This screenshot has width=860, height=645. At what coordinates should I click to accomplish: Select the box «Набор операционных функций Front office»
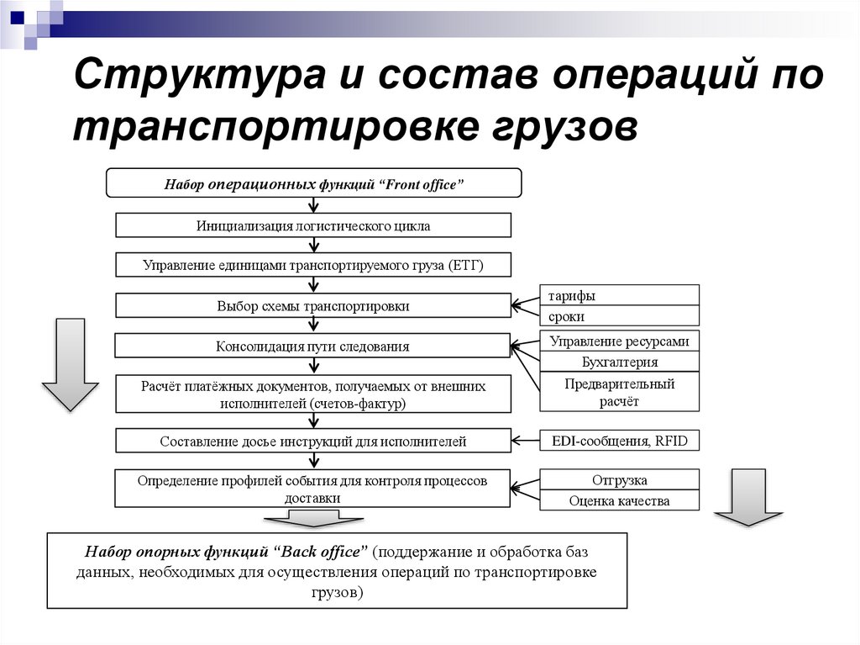(313, 183)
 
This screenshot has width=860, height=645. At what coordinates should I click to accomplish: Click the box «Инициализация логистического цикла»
(312, 225)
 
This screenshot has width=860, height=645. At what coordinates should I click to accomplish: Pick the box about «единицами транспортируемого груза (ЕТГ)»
(312, 266)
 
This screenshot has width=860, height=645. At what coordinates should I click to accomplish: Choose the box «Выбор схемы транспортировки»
(312, 306)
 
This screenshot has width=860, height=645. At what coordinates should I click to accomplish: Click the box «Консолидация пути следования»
(312, 346)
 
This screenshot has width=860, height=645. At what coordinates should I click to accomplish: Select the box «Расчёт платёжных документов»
(312, 394)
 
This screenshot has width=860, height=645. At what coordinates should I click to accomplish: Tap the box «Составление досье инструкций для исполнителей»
(312, 441)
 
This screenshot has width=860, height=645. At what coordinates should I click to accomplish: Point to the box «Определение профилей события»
(312, 489)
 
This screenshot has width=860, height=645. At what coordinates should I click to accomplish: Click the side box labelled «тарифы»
(619, 295)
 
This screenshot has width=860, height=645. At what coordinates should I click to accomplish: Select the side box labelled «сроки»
(619, 316)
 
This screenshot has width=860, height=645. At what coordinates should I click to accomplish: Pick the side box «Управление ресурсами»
(619, 341)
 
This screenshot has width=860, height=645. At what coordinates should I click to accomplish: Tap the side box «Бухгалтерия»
(619, 362)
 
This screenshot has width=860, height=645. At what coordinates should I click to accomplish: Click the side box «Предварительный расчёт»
(619, 392)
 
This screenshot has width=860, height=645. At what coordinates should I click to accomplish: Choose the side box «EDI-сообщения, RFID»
(619, 440)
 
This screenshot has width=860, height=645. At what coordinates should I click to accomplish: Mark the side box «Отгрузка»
(619, 479)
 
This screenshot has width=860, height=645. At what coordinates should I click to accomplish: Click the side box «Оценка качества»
(619, 500)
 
